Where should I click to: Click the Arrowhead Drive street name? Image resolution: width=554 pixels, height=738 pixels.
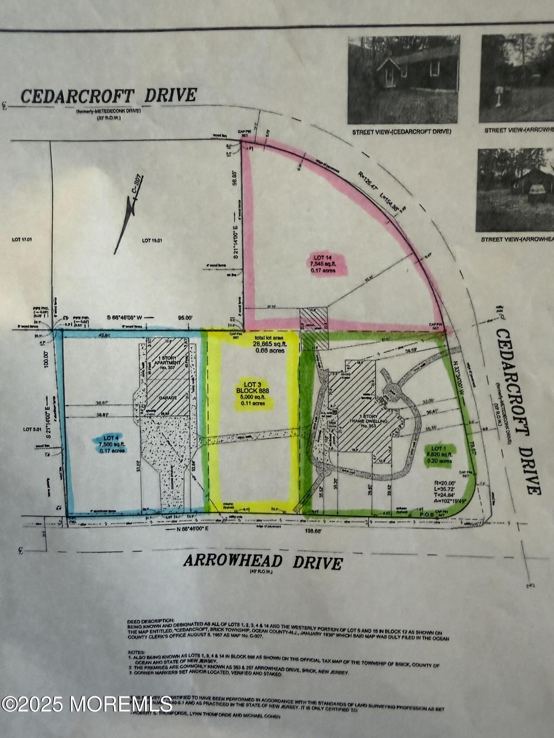click(x=263, y=562)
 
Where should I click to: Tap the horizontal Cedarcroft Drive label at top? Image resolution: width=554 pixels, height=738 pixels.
click(x=109, y=96)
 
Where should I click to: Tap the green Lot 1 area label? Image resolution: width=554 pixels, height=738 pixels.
click(x=439, y=455)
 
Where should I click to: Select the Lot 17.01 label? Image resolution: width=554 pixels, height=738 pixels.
click(x=22, y=239)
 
